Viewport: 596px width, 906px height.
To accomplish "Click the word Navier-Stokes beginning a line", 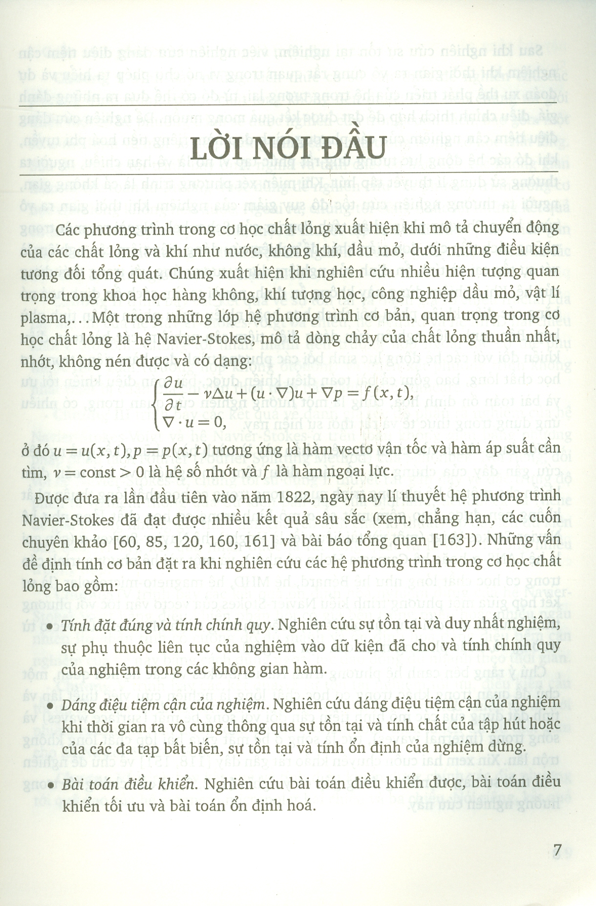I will click(68, 519).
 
